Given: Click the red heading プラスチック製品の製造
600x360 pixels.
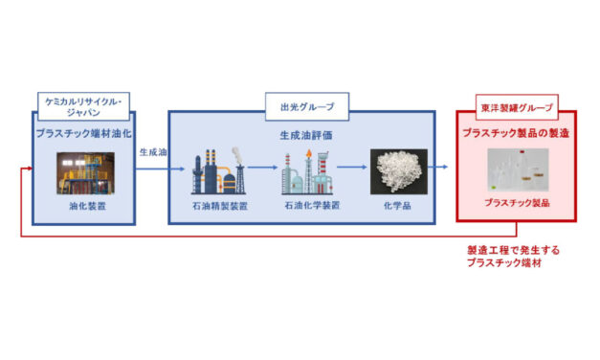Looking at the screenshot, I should pyautogui.click(x=516, y=133).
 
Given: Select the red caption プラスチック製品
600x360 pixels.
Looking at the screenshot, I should pyautogui.click(x=516, y=203).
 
